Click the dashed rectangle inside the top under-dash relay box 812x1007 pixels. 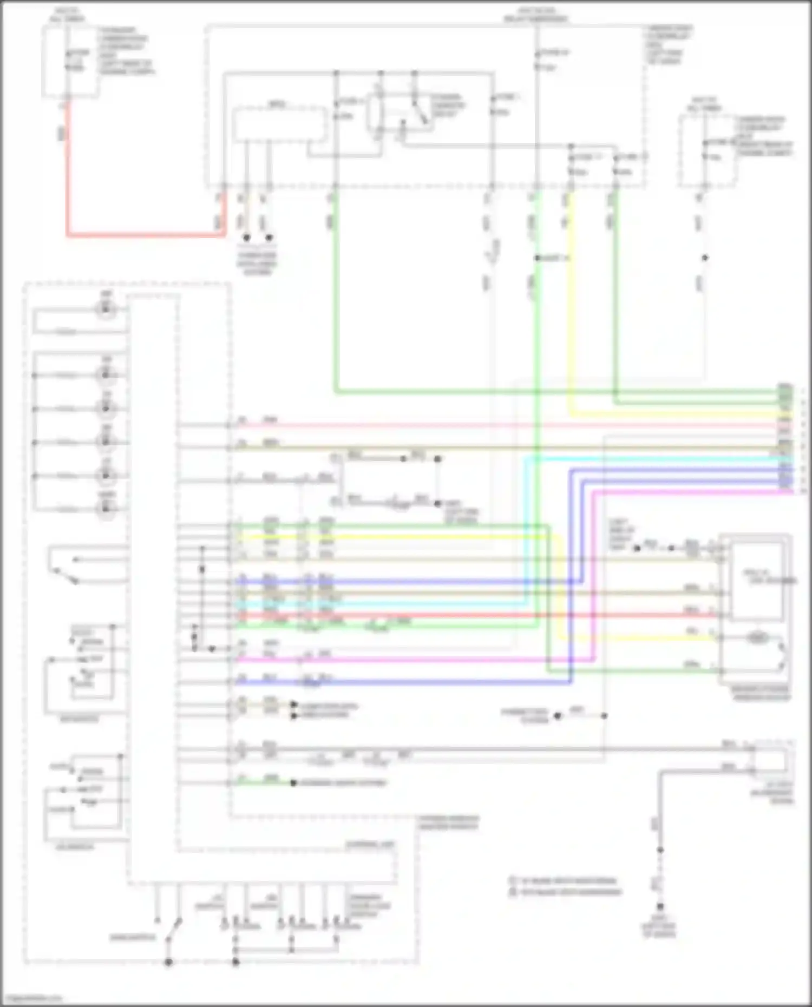(x=279, y=125)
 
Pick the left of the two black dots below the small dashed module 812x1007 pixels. (x=246, y=238)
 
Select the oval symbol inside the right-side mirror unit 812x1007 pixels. (x=756, y=638)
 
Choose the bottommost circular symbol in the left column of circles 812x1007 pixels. (x=106, y=509)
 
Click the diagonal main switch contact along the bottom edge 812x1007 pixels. (x=173, y=930)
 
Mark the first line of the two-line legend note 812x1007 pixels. (x=566, y=880)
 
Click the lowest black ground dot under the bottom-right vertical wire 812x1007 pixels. (x=660, y=906)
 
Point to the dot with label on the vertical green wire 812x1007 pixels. (x=538, y=258)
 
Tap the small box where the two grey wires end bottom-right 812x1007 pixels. (x=770, y=760)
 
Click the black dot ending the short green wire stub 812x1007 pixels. (x=293, y=783)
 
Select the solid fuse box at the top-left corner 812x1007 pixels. (x=70, y=61)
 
